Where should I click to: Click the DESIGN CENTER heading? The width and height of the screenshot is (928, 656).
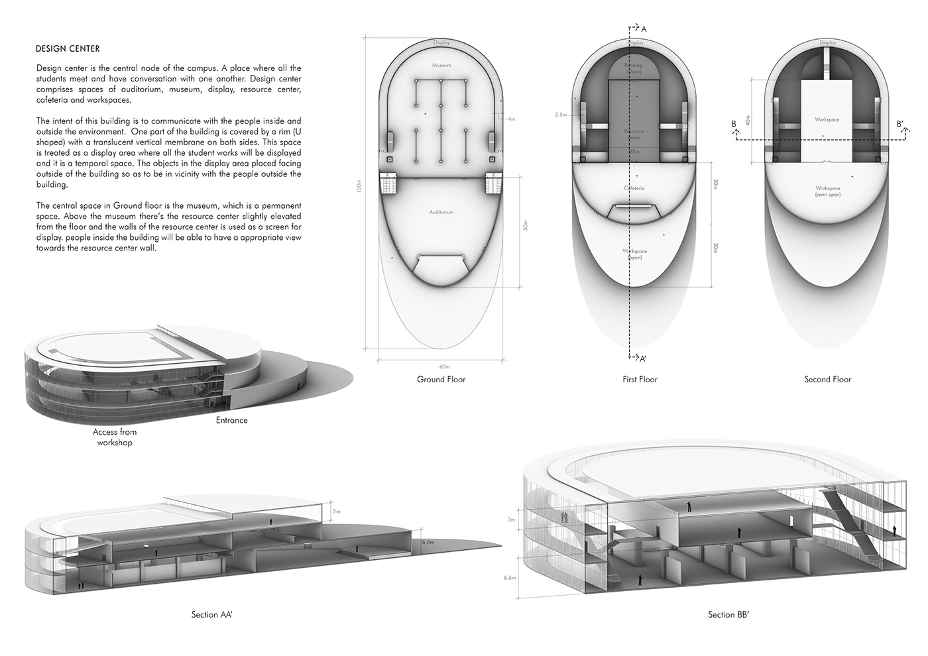click(68, 48)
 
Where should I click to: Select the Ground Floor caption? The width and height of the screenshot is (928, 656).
click(441, 380)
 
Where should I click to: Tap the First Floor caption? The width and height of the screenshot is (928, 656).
click(640, 380)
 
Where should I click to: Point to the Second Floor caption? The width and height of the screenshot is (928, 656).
click(827, 380)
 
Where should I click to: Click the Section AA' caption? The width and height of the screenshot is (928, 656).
click(211, 615)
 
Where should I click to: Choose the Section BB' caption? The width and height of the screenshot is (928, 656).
click(728, 615)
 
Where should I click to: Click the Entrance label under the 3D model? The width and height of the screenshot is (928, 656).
click(231, 420)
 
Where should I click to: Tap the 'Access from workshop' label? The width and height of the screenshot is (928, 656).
click(115, 437)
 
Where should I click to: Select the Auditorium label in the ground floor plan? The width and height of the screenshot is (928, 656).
click(441, 212)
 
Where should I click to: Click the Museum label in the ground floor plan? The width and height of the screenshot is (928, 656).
click(441, 66)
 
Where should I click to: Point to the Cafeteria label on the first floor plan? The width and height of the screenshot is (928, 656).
click(634, 188)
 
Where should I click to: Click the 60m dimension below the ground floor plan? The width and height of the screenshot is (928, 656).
click(443, 366)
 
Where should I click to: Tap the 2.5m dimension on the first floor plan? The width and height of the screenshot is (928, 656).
click(560, 115)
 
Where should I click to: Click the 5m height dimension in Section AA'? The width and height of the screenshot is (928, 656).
click(337, 511)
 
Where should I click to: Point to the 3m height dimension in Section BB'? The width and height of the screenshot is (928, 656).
click(511, 520)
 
